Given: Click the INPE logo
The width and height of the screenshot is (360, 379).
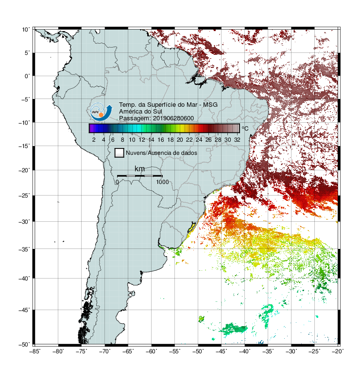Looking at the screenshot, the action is coord(101,112).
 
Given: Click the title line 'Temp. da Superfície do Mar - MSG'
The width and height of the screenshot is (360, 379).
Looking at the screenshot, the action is coord(168,105).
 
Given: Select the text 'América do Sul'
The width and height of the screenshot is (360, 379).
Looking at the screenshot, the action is coord(140,112).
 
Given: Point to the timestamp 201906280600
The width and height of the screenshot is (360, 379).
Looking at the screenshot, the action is coord(173,118).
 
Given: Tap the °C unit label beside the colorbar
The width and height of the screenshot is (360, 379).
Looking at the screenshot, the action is coord(245,128).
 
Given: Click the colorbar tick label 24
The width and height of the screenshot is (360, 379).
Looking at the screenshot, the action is coord(199,140).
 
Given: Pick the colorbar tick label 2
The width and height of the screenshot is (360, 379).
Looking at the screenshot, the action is coord(94,140).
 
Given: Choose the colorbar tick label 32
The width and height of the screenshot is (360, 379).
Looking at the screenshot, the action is coord(237,140).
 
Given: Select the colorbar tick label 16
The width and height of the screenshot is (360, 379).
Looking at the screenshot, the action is coord(161,140).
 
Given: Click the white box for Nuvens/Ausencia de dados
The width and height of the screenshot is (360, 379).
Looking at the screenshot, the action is coord(120,153).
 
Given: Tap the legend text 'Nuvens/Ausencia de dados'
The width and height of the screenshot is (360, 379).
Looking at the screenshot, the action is coord(161,153).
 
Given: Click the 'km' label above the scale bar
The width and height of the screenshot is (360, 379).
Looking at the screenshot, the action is coord(139,169).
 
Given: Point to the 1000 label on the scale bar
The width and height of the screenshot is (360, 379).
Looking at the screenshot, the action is coord(162,182).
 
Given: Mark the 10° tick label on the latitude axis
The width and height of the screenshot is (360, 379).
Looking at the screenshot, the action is coord(26,30).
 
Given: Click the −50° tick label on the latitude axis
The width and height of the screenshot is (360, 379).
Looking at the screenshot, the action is coord(24,345).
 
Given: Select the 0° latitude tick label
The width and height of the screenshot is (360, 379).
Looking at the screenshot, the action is coord(27,76).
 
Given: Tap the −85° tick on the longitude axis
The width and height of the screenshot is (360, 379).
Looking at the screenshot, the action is coord(35,351).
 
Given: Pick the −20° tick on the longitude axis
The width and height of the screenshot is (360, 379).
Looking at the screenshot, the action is coord(338,351).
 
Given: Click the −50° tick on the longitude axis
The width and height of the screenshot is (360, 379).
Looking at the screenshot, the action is coord(198,351).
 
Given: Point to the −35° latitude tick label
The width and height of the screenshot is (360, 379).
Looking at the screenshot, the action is coord(24,249).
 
